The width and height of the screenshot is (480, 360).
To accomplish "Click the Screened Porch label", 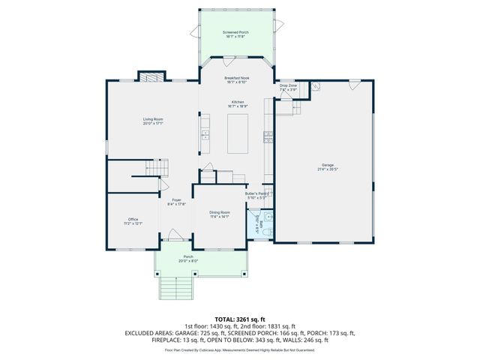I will [x=235, y=33].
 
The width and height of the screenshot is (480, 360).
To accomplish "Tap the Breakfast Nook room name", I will [x=237, y=78].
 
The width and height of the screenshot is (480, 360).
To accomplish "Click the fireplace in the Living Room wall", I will [x=151, y=76].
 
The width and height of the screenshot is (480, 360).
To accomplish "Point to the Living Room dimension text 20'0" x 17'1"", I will [x=153, y=124].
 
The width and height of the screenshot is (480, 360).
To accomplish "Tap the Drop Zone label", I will [x=289, y=86].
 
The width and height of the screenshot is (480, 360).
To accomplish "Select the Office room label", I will [x=133, y=219].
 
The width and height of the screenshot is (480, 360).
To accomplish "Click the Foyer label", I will [x=176, y=199].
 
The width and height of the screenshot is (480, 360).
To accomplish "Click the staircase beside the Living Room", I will [x=150, y=173].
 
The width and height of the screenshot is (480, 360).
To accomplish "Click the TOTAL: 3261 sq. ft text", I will [x=239, y=319].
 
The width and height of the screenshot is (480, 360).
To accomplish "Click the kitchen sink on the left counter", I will [x=204, y=136].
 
